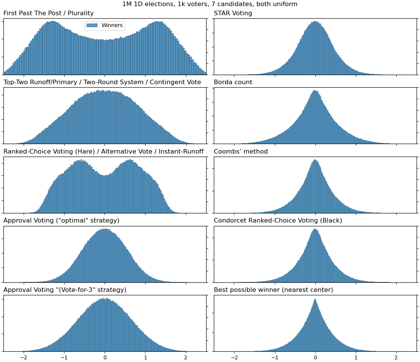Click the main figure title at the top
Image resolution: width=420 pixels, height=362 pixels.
coord(210,4)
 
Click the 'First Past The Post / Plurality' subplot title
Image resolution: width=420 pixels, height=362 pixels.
coord(48,13)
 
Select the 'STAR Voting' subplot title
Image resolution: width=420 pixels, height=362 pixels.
coord(233,13)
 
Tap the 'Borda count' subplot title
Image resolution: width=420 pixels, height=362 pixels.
coord(233,82)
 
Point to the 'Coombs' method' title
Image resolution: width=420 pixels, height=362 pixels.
coord(241,152)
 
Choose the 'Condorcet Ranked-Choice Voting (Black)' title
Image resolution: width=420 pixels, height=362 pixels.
coord(278,221)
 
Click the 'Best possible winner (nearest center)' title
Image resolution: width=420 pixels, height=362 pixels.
coord(273,290)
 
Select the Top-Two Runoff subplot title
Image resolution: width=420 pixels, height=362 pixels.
coord(102,82)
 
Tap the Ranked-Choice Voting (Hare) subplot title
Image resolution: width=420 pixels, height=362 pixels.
coord(103,152)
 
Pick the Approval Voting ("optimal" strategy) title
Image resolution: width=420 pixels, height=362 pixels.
coord(61,221)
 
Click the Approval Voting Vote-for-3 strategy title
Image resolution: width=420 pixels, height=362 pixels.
coord(65,290)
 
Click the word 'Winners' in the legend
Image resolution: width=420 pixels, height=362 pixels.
coord(112,26)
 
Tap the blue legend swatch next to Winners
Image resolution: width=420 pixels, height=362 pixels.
coord(92,26)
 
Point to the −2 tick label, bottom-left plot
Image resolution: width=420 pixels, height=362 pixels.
coord(24,357)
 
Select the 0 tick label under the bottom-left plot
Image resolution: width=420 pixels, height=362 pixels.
coord(105,357)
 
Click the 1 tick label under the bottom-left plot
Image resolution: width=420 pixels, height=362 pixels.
coord(145,357)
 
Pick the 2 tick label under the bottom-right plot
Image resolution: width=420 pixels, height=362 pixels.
coord(396,357)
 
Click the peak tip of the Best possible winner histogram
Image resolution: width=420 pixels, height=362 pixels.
coord(315,299)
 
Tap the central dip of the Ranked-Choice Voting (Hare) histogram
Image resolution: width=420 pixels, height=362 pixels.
coord(105,176)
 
